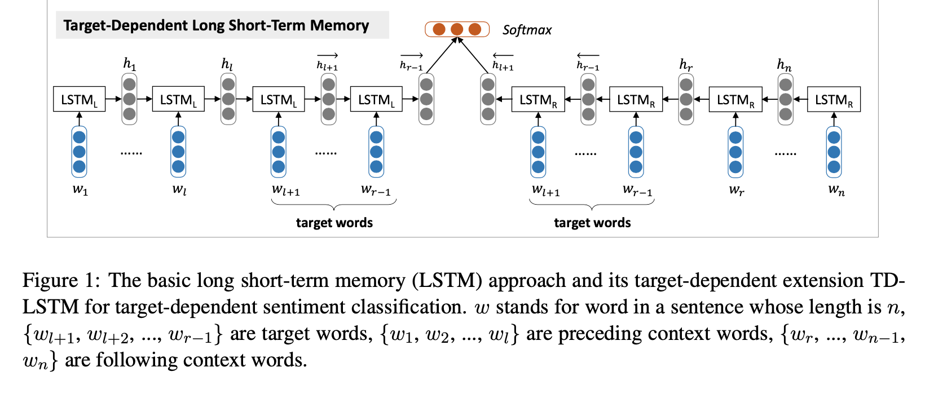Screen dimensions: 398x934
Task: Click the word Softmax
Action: (x=527, y=30)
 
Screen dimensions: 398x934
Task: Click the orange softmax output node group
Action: (x=457, y=29)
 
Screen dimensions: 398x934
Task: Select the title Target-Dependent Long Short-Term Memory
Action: (x=216, y=25)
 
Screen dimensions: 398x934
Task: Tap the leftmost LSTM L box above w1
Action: (x=79, y=99)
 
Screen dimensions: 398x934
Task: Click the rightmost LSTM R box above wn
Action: (x=834, y=99)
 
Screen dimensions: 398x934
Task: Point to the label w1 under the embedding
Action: (x=80, y=189)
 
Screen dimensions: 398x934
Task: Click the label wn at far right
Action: (x=836, y=190)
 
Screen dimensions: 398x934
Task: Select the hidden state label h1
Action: (x=129, y=64)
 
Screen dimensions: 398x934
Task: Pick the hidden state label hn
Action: (x=784, y=65)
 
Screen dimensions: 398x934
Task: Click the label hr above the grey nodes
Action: (x=686, y=65)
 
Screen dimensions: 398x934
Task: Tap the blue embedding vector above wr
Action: (x=735, y=152)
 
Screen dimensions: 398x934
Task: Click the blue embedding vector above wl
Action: (x=178, y=152)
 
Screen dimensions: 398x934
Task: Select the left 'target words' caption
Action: (x=334, y=223)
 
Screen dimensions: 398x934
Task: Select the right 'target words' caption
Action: (x=592, y=223)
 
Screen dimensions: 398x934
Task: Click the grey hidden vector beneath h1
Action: (x=129, y=99)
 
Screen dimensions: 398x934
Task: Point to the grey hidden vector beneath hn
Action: (x=785, y=99)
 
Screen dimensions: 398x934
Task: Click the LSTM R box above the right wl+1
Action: (x=538, y=99)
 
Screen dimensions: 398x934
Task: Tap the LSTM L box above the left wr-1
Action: (x=376, y=99)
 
